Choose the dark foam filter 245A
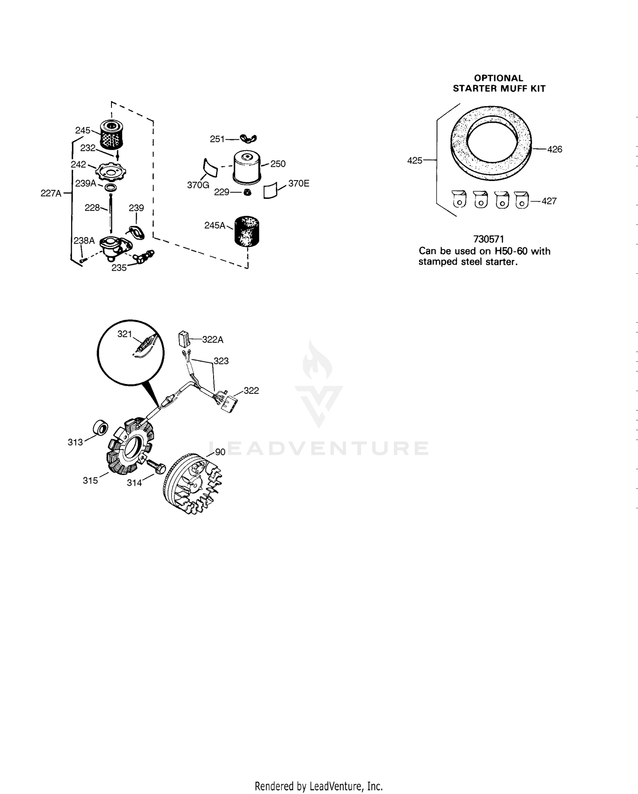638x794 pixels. pyautogui.click(x=247, y=232)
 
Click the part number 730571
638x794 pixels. pyautogui.click(x=488, y=239)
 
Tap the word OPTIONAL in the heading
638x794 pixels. pyautogui.click(x=498, y=78)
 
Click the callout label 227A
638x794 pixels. pyautogui.click(x=51, y=193)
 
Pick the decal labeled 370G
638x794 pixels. pyautogui.click(x=210, y=168)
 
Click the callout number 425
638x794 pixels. pyautogui.click(x=415, y=161)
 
